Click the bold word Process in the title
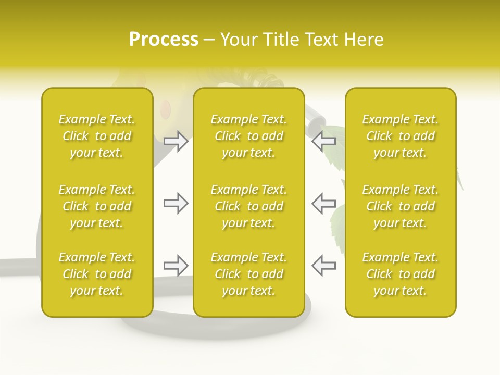point(164,40)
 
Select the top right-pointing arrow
point(176,141)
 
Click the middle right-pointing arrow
point(176,203)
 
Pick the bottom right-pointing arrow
point(176,266)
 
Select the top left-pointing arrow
point(324,141)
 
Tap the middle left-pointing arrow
point(324,203)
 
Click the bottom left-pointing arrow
point(324,266)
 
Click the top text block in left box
point(97,136)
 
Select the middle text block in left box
point(97,206)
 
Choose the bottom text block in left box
point(97,274)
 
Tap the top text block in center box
point(248,136)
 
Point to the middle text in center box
point(248,206)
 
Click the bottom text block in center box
point(248,274)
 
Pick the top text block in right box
point(400,136)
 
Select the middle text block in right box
point(400,206)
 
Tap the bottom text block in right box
point(400,274)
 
